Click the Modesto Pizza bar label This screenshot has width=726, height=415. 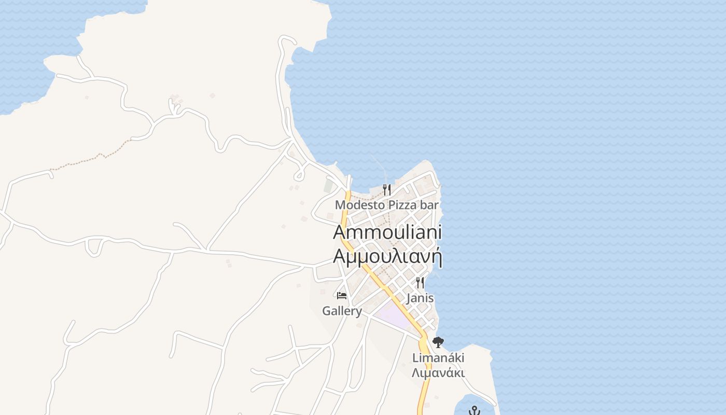tap(387, 205)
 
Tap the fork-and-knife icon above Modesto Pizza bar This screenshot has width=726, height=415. tap(386, 190)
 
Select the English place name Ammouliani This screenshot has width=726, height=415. tap(387, 232)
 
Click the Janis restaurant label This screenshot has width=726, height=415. tap(420, 298)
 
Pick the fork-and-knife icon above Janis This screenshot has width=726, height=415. tap(420, 283)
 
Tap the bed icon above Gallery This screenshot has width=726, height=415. tap(342, 296)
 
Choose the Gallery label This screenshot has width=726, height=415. tap(342, 311)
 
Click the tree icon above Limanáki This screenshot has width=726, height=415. tap(438, 342)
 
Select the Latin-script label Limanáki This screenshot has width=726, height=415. tap(438, 358)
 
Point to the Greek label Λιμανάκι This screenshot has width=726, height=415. tap(438, 373)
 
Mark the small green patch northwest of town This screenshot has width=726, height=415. tap(328, 185)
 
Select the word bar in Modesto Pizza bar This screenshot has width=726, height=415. tap(429, 205)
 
